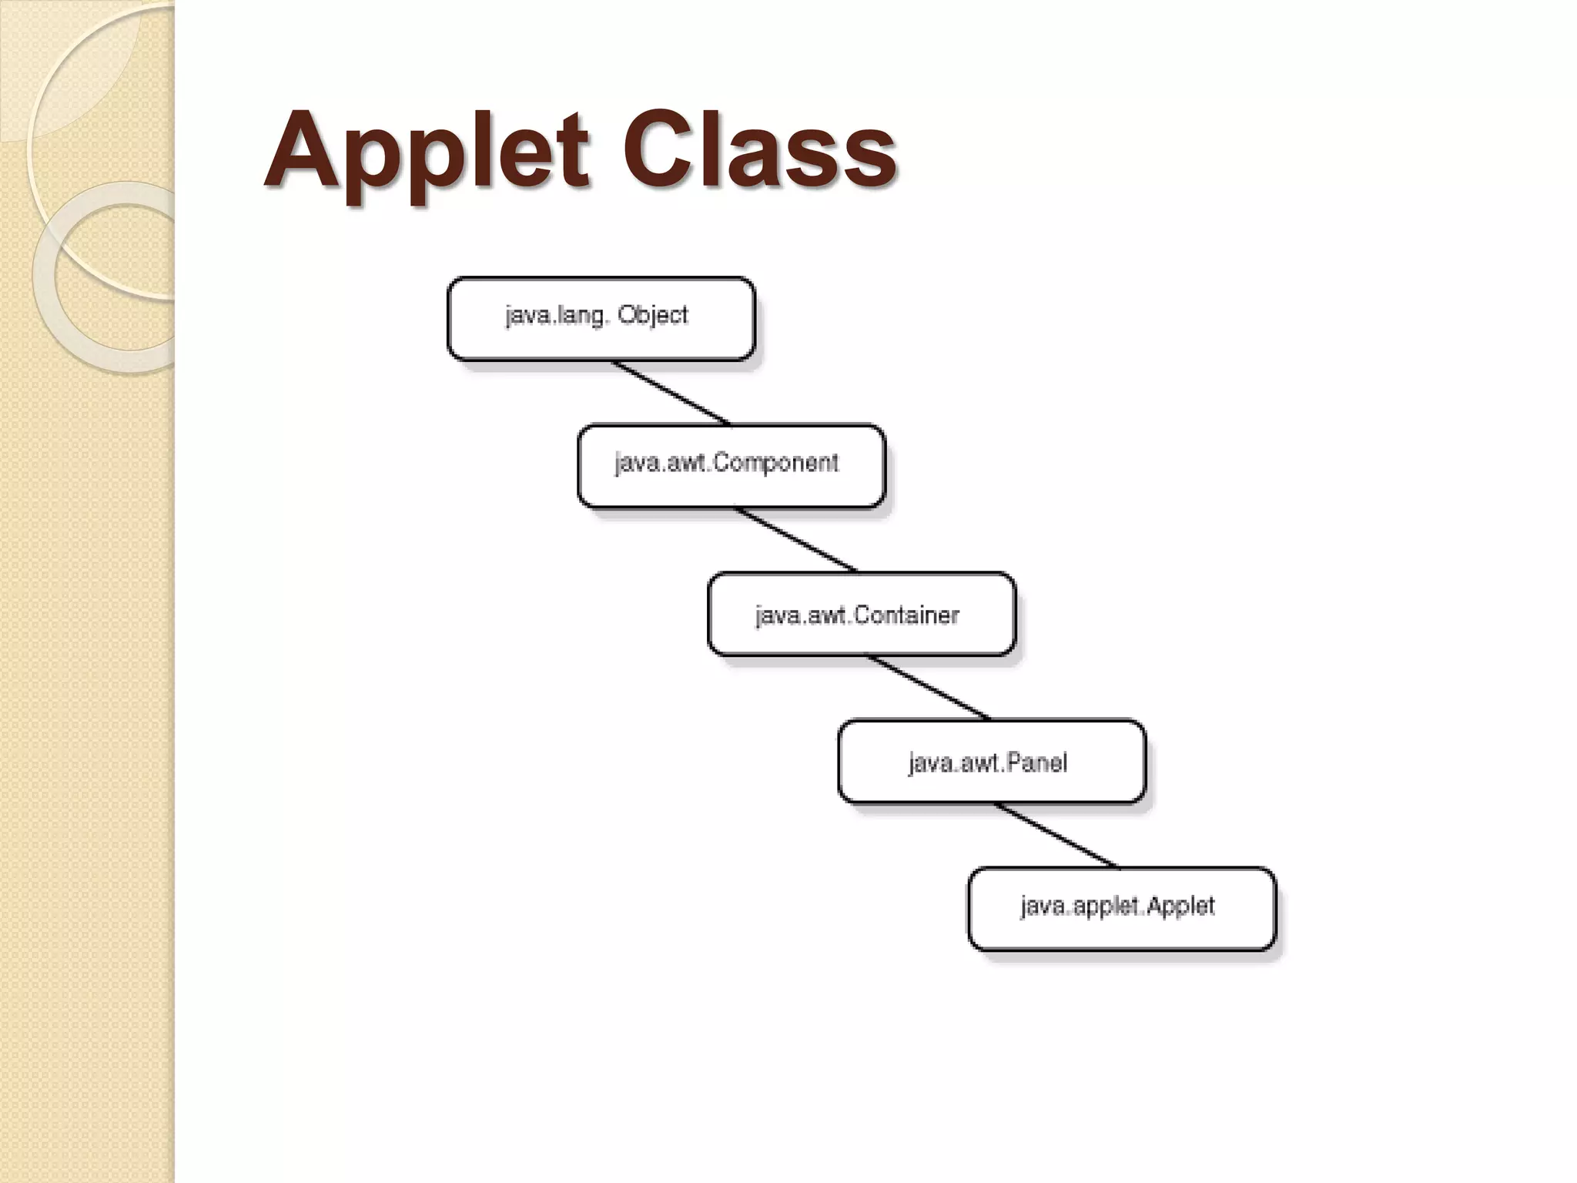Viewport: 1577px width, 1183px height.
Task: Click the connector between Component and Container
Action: [x=796, y=539]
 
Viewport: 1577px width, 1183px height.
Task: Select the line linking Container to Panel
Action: [x=929, y=687]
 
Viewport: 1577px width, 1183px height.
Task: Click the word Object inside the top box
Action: [x=652, y=315]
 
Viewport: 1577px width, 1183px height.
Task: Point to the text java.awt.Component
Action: [x=726, y=463]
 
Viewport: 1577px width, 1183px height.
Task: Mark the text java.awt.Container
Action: [x=857, y=615]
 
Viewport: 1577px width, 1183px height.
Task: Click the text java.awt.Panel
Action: [x=987, y=763]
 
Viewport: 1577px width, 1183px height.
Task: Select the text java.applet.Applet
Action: [x=1117, y=907]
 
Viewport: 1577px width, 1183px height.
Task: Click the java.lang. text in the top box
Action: [x=554, y=316]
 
